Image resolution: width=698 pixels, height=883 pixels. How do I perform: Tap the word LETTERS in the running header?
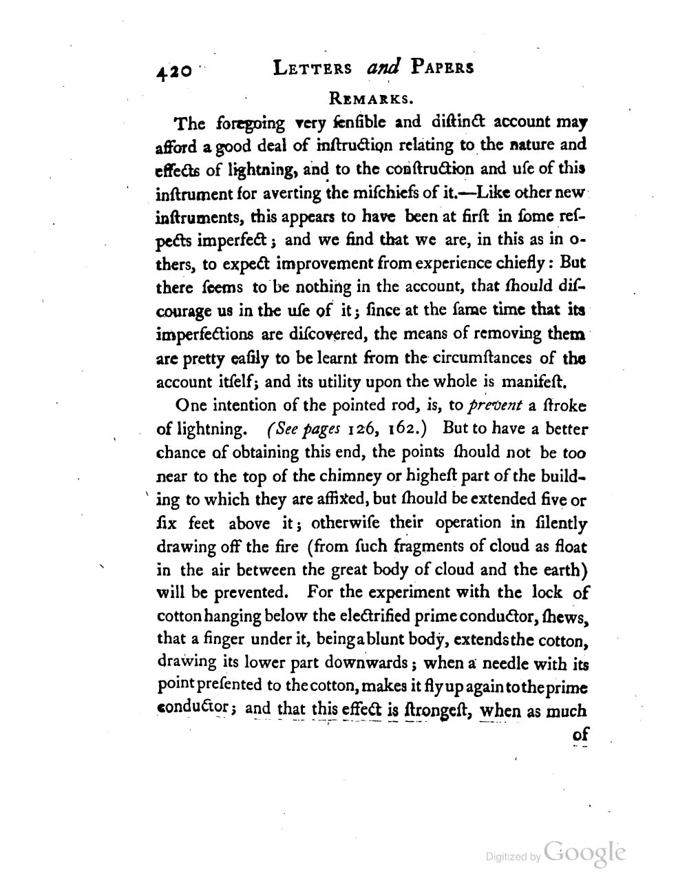(x=313, y=68)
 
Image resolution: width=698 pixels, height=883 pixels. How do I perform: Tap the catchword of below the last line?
(x=580, y=735)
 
